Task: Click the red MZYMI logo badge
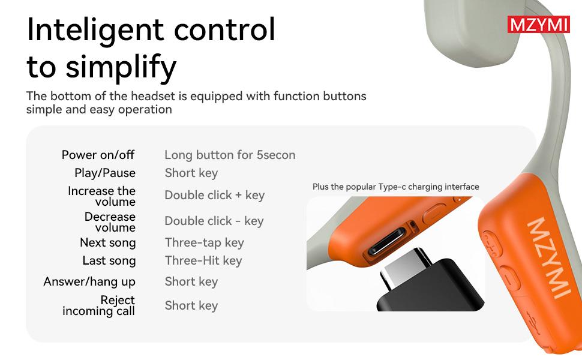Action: click(538, 25)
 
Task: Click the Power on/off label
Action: click(98, 155)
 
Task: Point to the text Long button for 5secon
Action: click(230, 155)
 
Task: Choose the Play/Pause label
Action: click(105, 173)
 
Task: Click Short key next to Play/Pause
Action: click(191, 173)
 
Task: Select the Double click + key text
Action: click(215, 195)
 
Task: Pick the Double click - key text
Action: click(214, 221)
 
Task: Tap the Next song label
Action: click(107, 243)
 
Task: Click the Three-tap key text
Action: click(205, 243)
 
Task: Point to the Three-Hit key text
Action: click(203, 261)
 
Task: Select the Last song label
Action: click(109, 261)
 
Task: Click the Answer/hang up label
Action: click(89, 282)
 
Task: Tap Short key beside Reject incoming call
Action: click(191, 306)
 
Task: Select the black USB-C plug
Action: click(431, 281)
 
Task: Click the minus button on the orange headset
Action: click(510, 278)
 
